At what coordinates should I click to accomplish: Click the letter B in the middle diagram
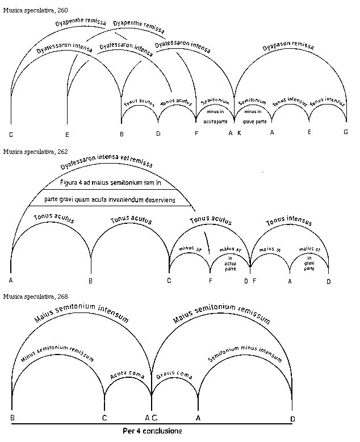point(91,281)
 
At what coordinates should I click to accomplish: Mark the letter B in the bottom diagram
point(12,419)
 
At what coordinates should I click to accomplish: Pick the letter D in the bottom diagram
point(292,419)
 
